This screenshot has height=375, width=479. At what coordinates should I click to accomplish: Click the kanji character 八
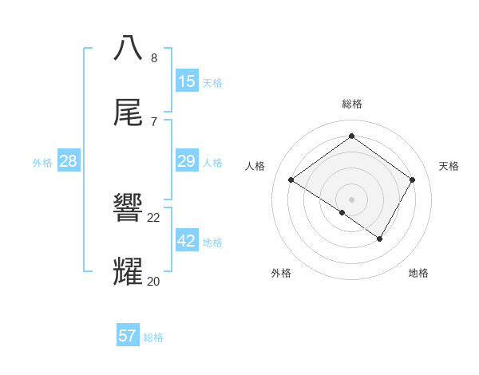(129, 49)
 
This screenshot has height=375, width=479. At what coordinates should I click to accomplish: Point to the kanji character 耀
(129, 272)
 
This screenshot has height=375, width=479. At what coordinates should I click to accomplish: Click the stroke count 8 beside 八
(154, 57)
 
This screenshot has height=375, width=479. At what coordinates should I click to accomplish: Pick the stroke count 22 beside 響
(154, 217)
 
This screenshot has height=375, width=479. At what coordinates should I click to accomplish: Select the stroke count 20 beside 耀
(154, 281)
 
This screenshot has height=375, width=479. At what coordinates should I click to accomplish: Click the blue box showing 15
(186, 81)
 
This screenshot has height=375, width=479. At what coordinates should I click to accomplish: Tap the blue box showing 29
(186, 160)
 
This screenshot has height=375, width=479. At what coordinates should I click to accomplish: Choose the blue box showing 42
(186, 240)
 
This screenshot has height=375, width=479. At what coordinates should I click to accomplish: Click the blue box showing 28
(68, 160)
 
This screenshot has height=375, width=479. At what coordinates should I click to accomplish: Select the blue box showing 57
(127, 336)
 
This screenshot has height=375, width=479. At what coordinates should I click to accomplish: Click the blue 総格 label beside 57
(153, 337)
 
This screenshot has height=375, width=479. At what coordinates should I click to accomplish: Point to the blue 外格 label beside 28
(42, 163)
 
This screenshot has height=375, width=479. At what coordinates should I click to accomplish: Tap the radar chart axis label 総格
(351, 104)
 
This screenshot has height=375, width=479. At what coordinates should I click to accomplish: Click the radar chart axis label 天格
(449, 166)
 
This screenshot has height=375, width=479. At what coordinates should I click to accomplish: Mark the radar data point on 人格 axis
(291, 180)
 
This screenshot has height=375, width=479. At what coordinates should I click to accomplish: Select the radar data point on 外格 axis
(342, 213)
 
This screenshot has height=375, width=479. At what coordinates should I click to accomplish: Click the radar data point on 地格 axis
(380, 239)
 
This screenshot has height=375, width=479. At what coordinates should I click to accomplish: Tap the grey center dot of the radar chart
(351, 199)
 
